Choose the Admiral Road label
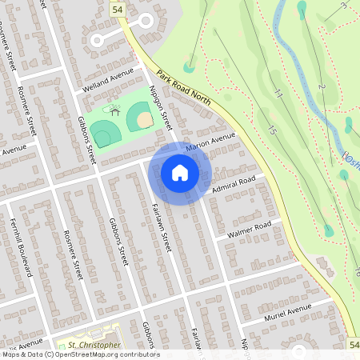click(x=234, y=183)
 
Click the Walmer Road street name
click(x=249, y=230)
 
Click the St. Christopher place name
click(x=94, y=346)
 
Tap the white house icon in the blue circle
click(x=180, y=172)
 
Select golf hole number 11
click(x=278, y=94)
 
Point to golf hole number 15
click(x=273, y=129)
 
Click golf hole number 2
click(x=322, y=86)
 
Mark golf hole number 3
click(x=345, y=6)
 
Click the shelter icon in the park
click(x=115, y=108)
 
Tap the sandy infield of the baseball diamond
click(x=144, y=120)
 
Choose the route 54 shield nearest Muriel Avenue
click(x=354, y=342)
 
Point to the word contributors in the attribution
click(x=134, y=354)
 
